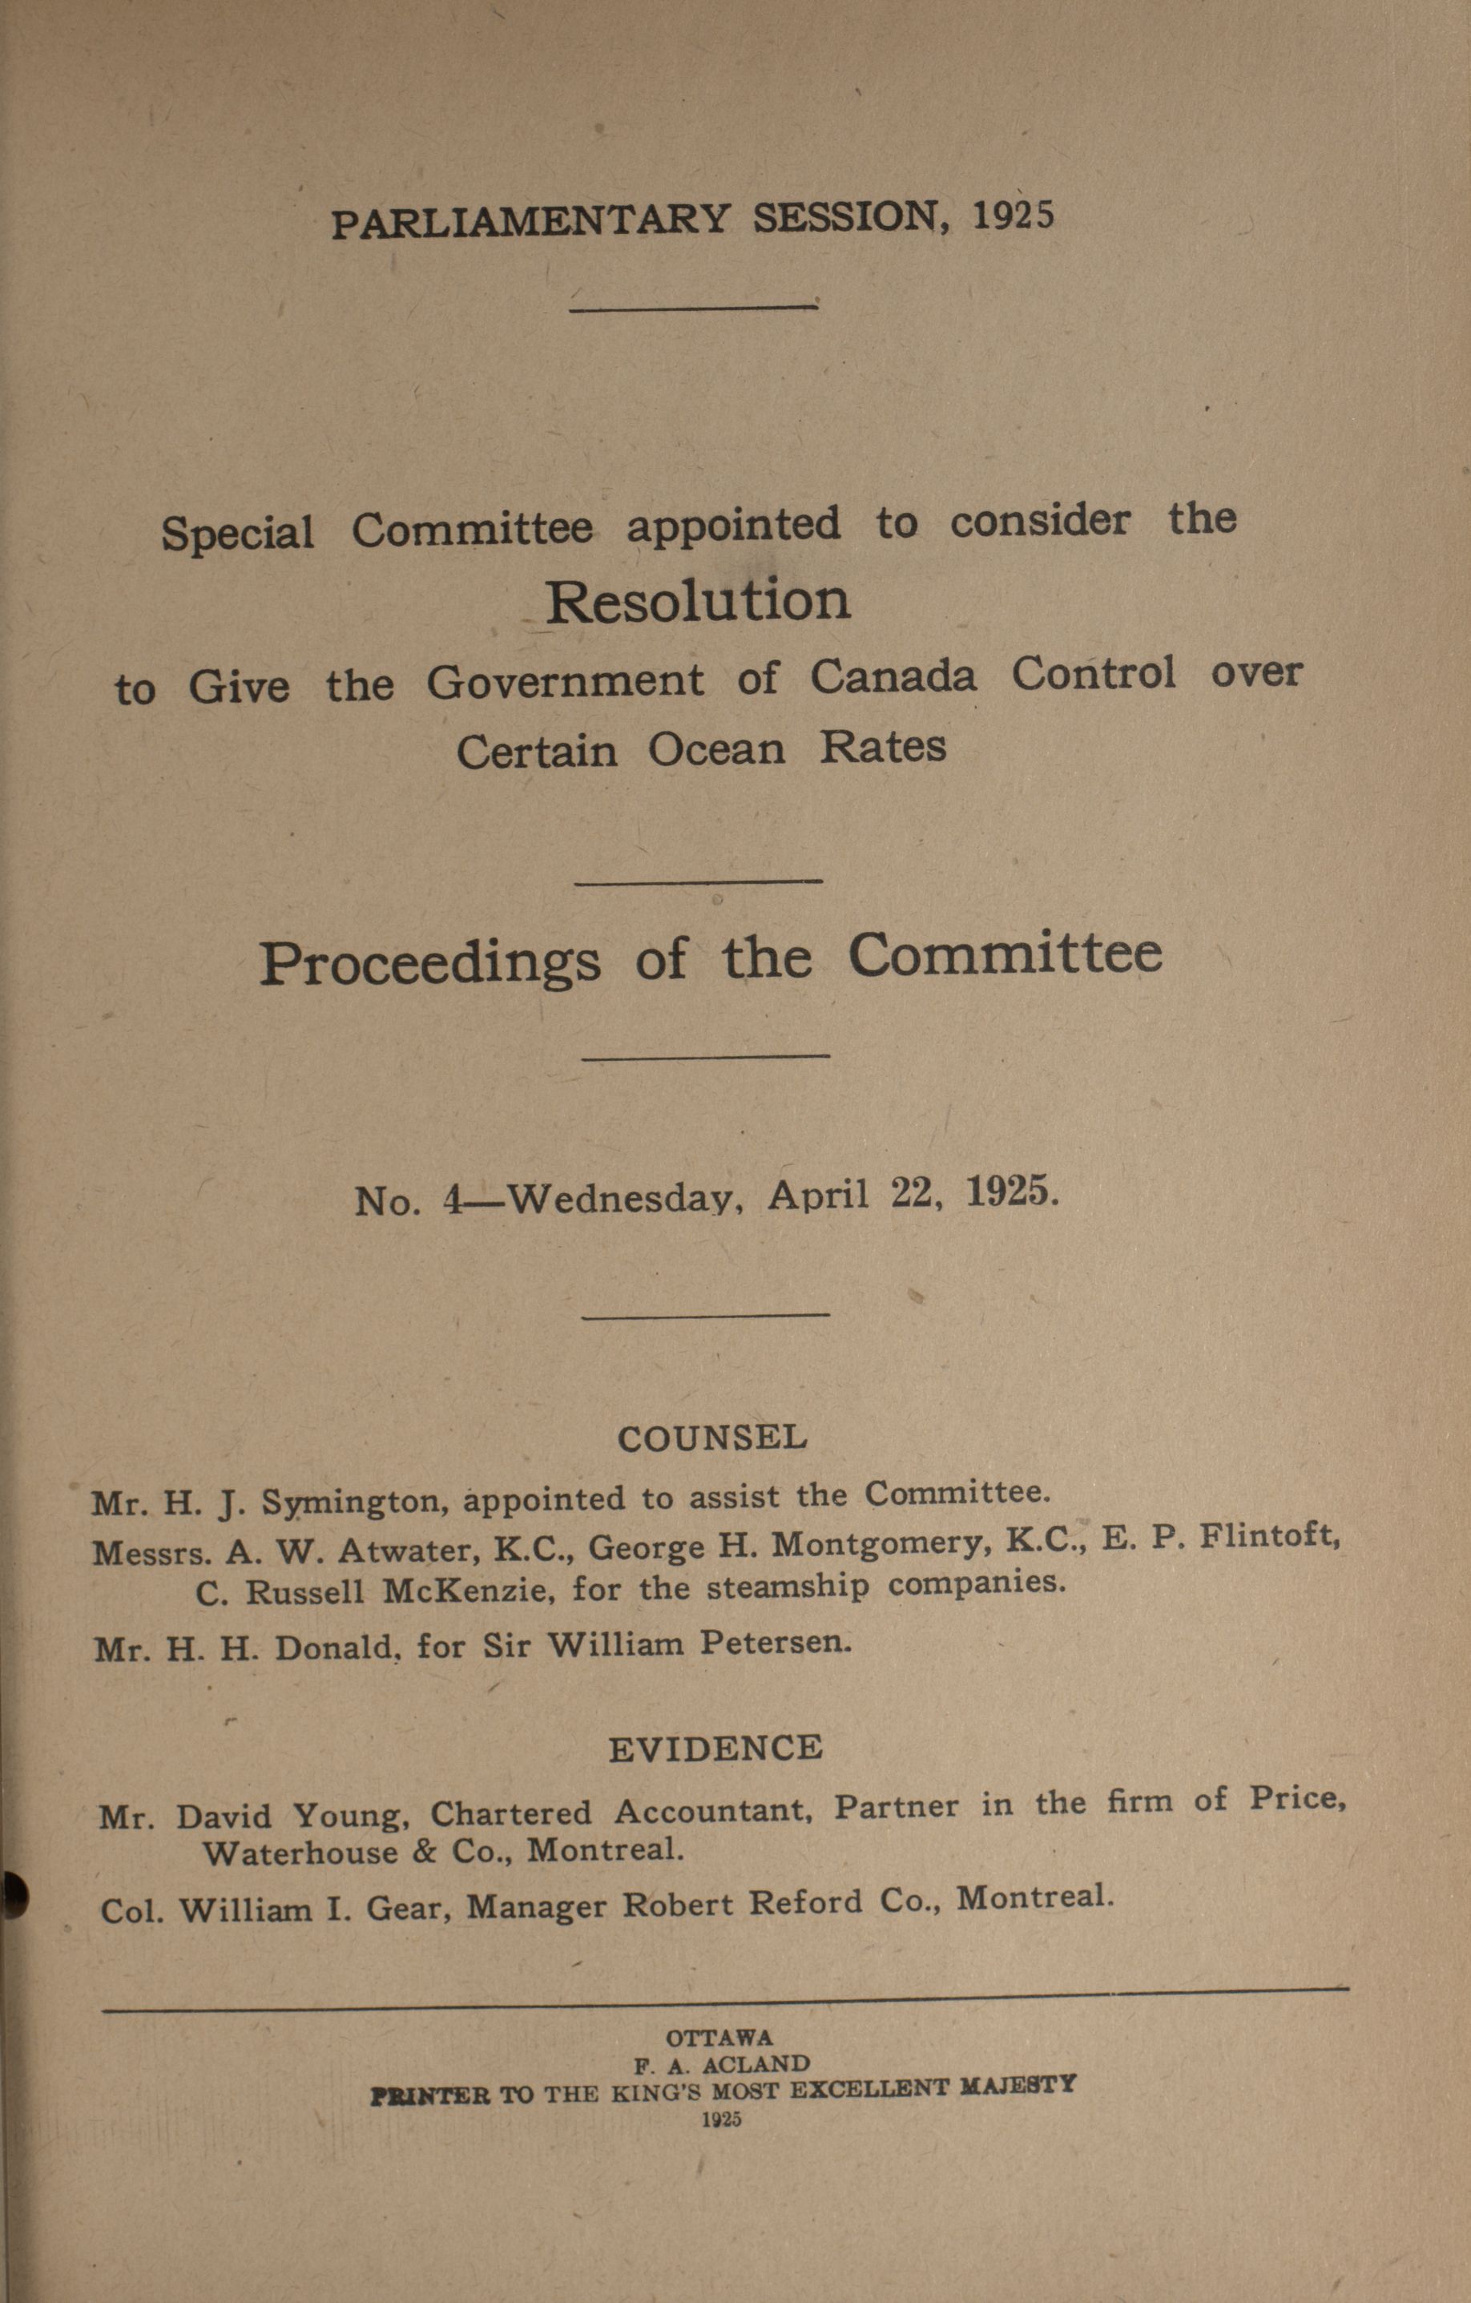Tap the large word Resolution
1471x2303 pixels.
(697, 602)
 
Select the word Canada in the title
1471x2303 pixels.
(893, 677)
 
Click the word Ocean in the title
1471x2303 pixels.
(716, 750)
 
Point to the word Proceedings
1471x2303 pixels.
(430, 962)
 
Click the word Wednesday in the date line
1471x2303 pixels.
(626, 1197)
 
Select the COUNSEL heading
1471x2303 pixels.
(711, 1438)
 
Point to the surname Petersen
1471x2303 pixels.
(775, 1642)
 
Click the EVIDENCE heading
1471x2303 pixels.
(715, 1748)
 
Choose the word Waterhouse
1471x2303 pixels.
(300, 1853)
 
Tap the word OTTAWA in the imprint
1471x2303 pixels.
(719, 2038)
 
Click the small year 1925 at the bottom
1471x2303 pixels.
(721, 2119)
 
